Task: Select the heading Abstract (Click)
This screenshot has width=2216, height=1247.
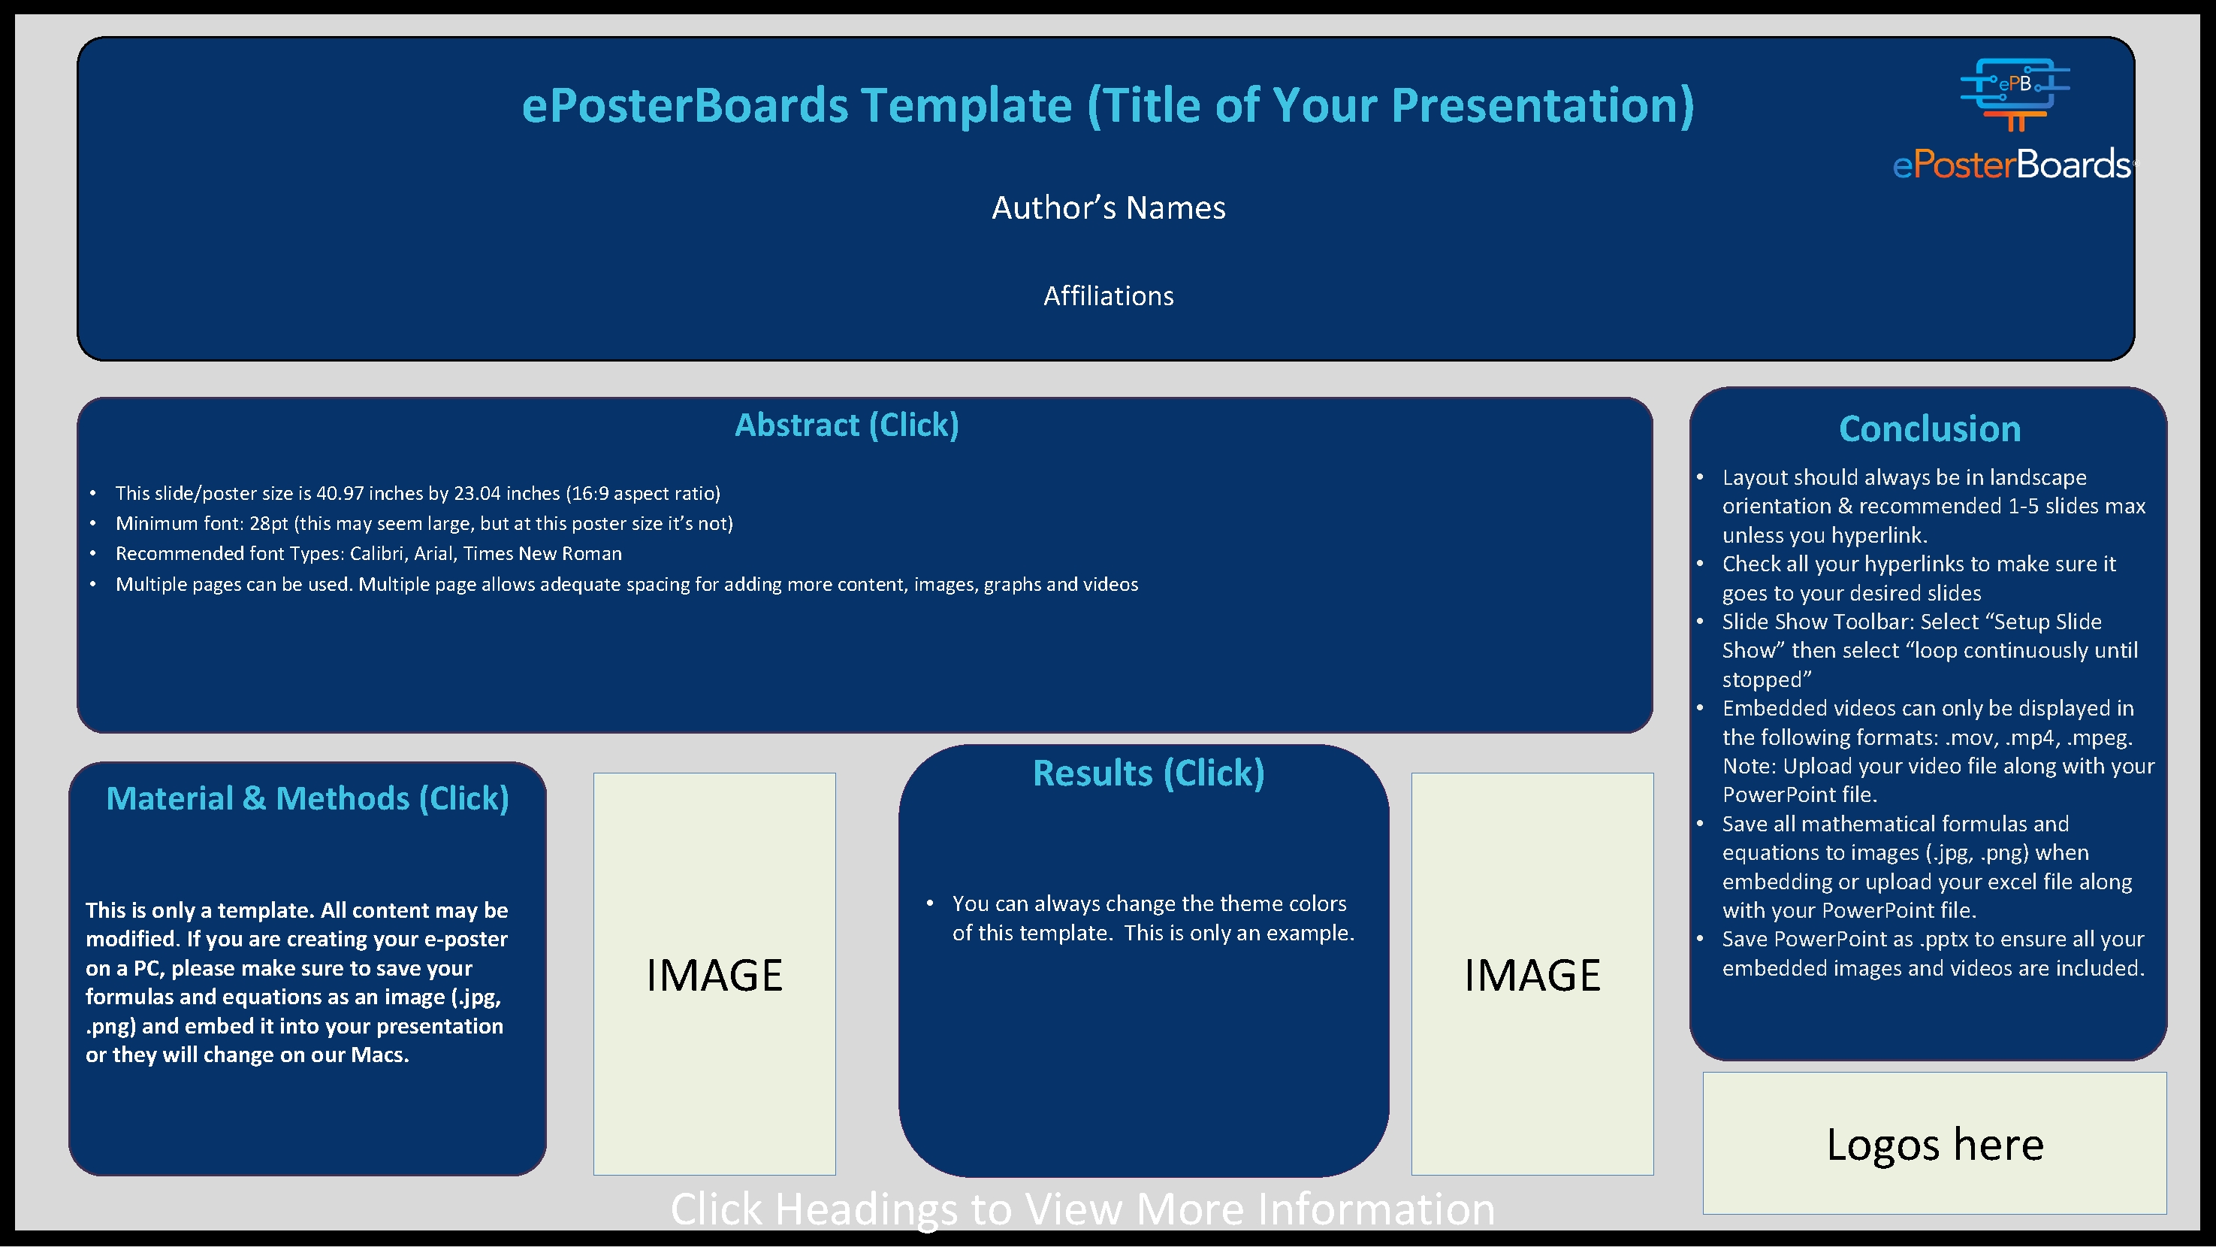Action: [x=847, y=425]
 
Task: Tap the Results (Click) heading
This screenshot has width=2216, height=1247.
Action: [x=1149, y=773]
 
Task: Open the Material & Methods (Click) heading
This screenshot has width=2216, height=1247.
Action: [x=307, y=798]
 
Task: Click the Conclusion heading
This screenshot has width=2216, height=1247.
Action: [x=1930, y=428]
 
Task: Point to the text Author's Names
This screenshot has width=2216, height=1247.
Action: [x=1108, y=207]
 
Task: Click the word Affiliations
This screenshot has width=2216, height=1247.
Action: [x=1108, y=296]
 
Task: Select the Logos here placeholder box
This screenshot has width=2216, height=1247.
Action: [x=1935, y=1144]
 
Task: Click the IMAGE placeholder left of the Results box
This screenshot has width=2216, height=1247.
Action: [x=714, y=974]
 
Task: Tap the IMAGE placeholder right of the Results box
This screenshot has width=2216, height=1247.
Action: [x=1532, y=974]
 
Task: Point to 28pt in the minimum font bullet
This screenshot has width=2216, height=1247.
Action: [x=268, y=523]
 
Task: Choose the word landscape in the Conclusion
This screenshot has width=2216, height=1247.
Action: [x=2038, y=477]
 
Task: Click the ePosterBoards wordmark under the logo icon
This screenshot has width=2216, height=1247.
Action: [x=2011, y=164]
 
